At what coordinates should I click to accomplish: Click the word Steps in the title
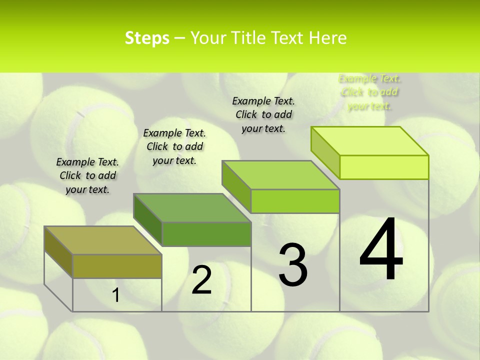click(x=147, y=38)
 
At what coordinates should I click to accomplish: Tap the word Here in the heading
click(x=328, y=38)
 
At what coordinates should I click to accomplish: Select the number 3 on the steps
click(x=292, y=265)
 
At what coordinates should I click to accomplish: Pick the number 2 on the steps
click(x=201, y=280)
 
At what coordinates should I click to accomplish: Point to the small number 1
click(x=115, y=295)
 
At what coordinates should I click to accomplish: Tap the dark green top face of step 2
click(x=192, y=207)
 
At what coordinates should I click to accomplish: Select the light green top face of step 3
click(x=281, y=175)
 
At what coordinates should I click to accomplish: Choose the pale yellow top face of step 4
click(x=370, y=141)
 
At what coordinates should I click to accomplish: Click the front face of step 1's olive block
click(x=117, y=266)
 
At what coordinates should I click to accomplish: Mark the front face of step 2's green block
click(x=206, y=234)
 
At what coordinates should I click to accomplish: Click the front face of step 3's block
click(x=295, y=201)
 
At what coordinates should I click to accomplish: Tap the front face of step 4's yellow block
click(x=384, y=167)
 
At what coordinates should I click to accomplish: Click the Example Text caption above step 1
click(x=87, y=175)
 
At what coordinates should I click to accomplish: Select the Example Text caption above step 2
click(x=174, y=146)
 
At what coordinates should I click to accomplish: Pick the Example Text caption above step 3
click(x=263, y=114)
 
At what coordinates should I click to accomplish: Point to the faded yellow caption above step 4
click(x=369, y=92)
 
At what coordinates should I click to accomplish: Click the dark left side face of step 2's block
click(x=148, y=220)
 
